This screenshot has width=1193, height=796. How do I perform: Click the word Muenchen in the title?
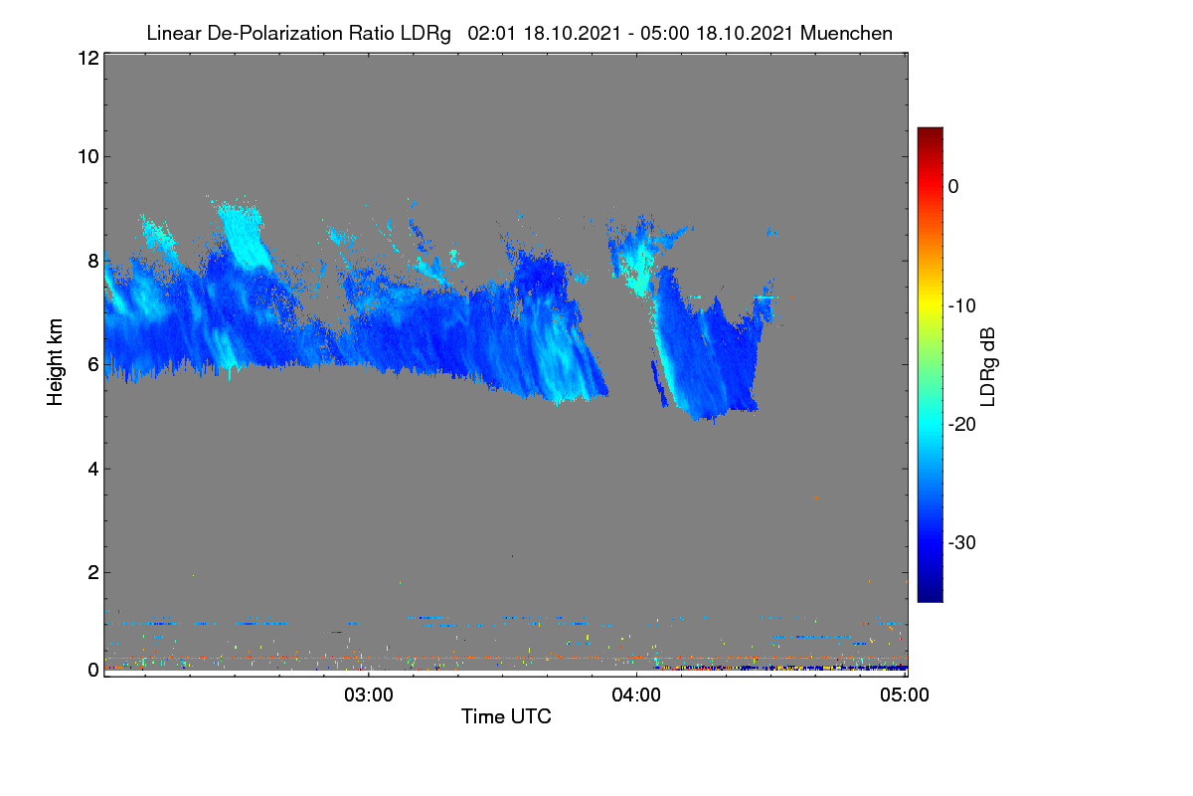pyautogui.click(x=846, y=34)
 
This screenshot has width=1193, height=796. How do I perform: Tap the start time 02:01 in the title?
pyautogui.click(x=491, y=34)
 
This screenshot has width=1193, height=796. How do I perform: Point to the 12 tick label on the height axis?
pyautogui.click(x=88, y=58)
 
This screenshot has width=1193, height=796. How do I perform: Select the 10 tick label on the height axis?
pyautogui.click(x=88, y=157)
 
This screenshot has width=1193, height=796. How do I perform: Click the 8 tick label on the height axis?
pyautogui.click(x=93, y=262)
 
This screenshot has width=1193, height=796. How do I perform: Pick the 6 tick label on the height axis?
pyautogui.click(x=93, y=365)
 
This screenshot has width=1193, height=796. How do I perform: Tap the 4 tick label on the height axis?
pyautogui.click(x=93, y=470)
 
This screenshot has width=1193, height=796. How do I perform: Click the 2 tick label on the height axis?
pyautogui.click(x=93, y=573)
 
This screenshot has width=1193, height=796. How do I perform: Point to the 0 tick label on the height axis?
pyautogui.click(x=93, y=671)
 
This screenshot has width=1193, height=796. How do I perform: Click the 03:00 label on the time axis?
pyautogui.click(x=369, y=696)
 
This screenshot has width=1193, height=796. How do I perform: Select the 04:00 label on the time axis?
pyautogui.click(x=636, y=696)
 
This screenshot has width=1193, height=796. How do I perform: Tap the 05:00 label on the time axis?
pyautogui.click(x=905, y=696)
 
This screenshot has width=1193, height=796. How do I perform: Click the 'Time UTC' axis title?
pyautogui.click(x=506, y=717)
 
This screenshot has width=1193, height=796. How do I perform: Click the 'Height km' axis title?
pyautogui.click(x=55, y=362)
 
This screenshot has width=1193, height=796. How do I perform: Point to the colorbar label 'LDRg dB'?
pyautogui.click(x=988, y=367)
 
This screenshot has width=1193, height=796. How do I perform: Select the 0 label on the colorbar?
pyautogui.click(x=953, y=187)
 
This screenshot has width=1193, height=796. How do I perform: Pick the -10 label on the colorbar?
pyautogui.click(x=962, y=306)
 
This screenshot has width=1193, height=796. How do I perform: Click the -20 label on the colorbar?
pyautogui.click(x=962, y=425)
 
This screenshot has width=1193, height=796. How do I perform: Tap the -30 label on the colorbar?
pyautogui.click(x=962, y=542)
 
